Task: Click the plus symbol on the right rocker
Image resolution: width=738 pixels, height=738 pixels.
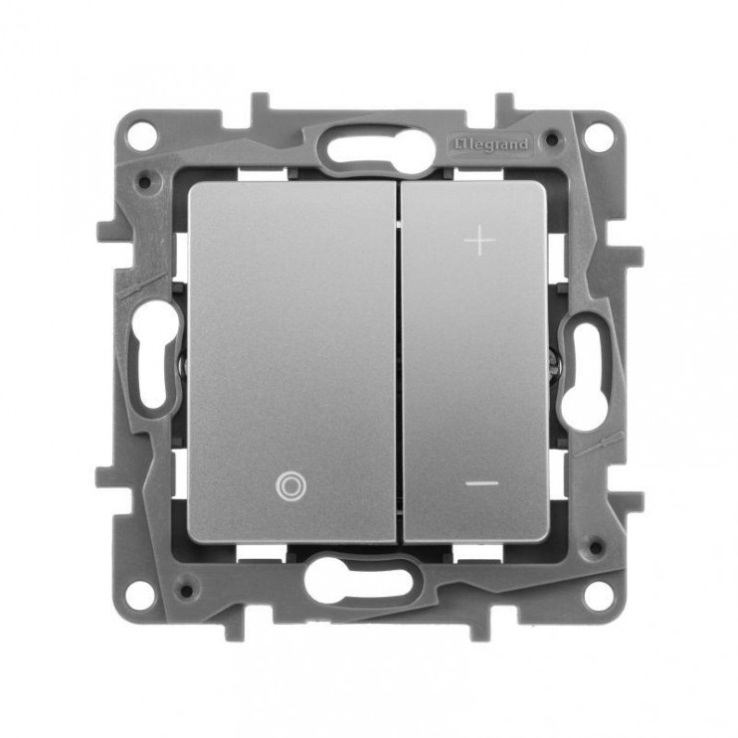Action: coord(479,241)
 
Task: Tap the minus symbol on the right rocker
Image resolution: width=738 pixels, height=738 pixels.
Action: coord(481,483)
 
